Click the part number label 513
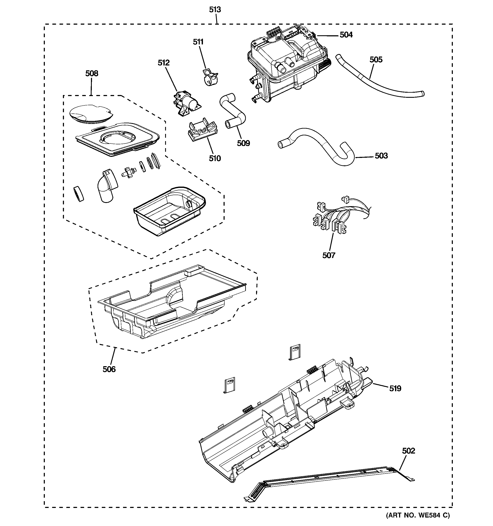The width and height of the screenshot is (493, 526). [215, 10]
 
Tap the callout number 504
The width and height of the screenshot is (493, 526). [346, 35]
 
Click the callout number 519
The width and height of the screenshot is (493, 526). [395, 388]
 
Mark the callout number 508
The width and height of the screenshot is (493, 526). [92, 73]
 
